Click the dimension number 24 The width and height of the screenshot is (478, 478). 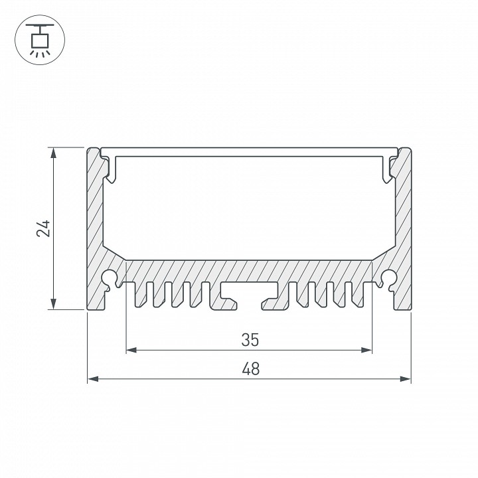pyautogui.click(x=43, y=228)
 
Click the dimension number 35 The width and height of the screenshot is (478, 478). pyautogui.click(x=250, y=340)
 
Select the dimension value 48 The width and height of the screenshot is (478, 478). pyautogui.click(x=250, y=369)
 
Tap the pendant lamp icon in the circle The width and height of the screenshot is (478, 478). pyautogui.click(x=40, y=40)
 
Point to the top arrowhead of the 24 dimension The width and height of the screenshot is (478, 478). pyautogui.click(x=53, y=153)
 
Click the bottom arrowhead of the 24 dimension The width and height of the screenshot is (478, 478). pyautogui.click(x=53, y=303)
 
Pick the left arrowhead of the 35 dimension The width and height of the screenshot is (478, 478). pyautogui.click(x=131, y=350)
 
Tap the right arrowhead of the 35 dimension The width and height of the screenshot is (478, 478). pyautogui.click(x=366, y=350)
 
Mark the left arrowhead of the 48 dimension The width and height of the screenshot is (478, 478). pyautogui.click(x=93, y=379)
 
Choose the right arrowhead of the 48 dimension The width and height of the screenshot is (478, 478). pyautogui.click(x=406, y=379)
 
